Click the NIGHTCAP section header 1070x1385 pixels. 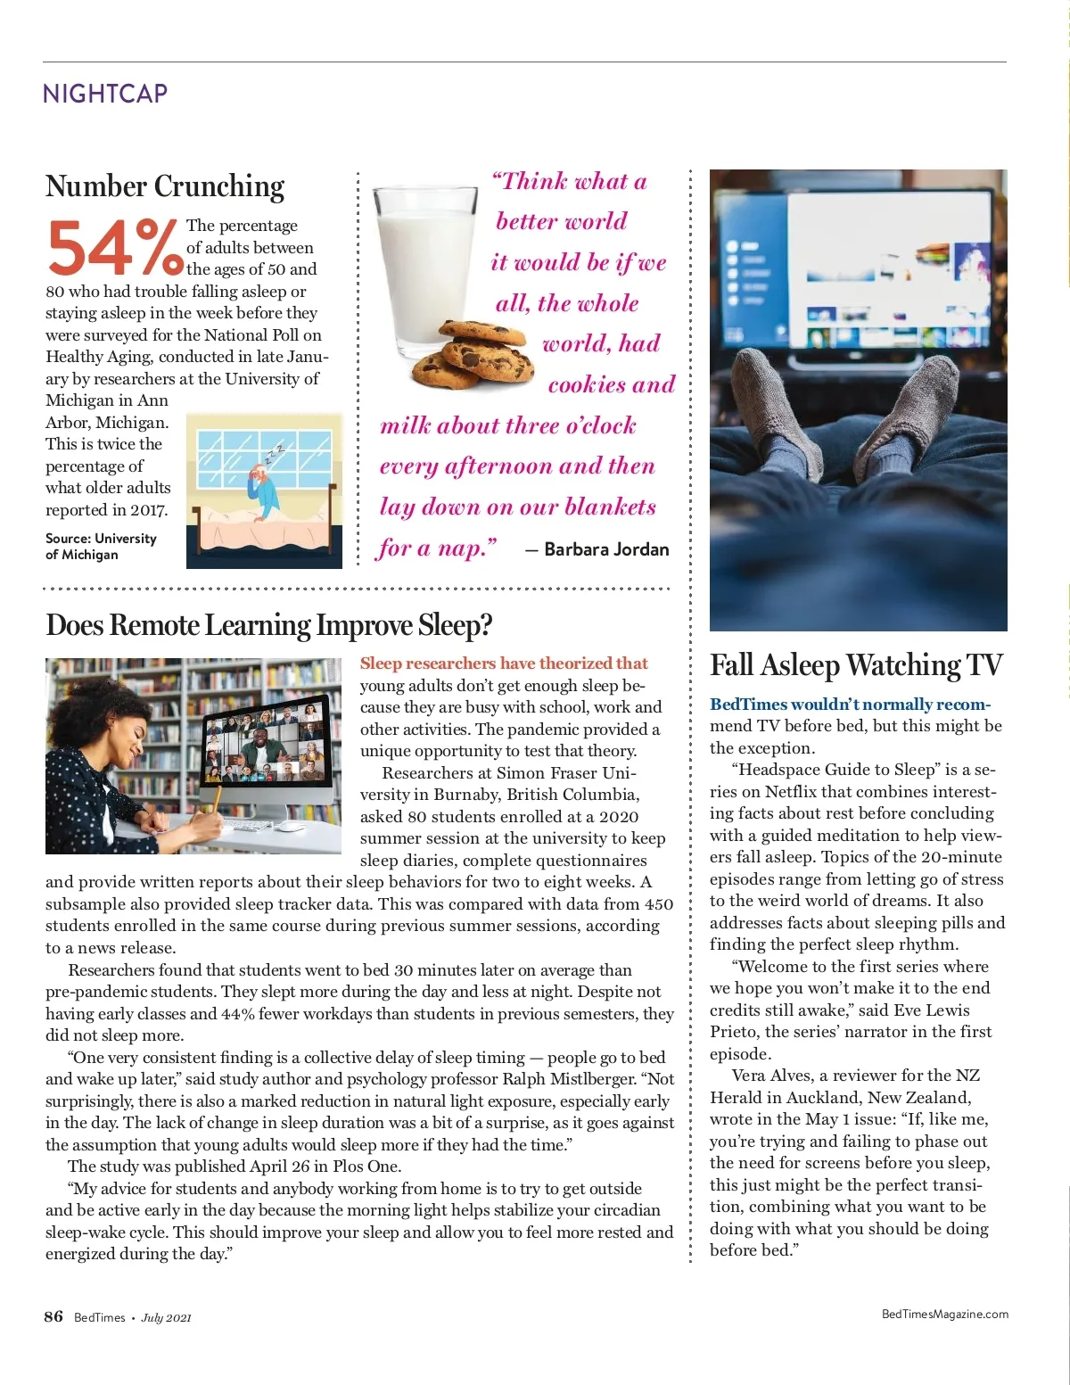pos(105,94)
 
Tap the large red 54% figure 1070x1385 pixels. pos(114,248)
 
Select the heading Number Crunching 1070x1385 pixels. pos(165,186)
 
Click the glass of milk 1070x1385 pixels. pos(424,268)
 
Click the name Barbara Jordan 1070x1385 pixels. pos(606,549)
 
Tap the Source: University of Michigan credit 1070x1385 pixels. pos(101,547)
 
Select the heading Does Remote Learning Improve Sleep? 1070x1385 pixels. pos(268,625)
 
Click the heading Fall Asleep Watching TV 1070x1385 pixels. pos(856,665)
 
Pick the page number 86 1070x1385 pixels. pos(53,1316)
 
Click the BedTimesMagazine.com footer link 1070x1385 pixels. pos(944,1314)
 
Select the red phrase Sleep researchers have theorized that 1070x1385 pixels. pos(504,664)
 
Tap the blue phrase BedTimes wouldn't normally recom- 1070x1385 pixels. pos(850,705)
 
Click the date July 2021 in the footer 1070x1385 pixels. pos(166,1318)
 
